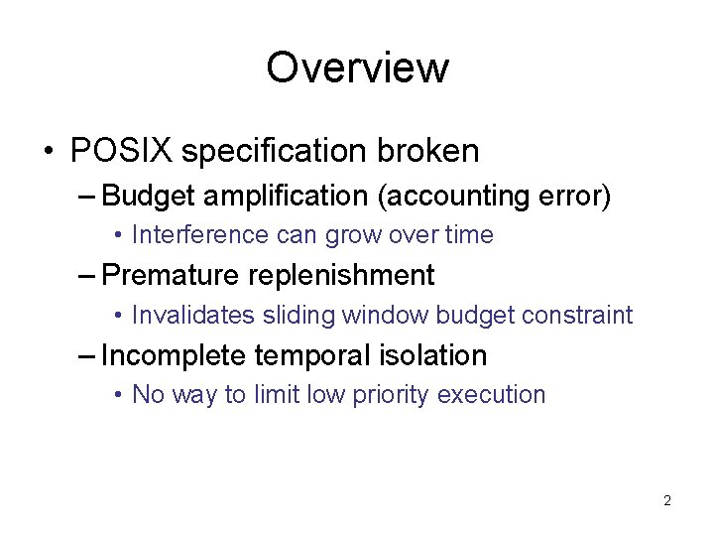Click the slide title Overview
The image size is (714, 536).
(x=357, y=67)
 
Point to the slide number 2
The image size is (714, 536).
(x=666, y=500)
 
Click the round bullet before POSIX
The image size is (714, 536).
(x=50, y=152)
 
